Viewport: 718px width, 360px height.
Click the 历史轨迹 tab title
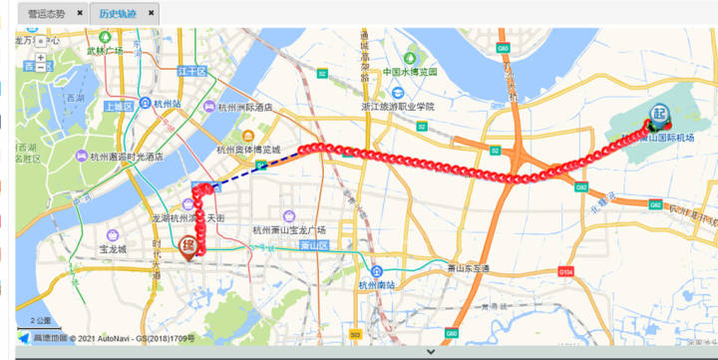coord(118,14)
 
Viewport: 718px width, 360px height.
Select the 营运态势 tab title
coord(47,14)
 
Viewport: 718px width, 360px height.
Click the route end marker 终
coord(187,243)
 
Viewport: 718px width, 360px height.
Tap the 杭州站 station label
coord(166,103)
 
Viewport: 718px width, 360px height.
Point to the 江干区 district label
coord(190,72)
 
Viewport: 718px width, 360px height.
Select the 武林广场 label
coord(104,50)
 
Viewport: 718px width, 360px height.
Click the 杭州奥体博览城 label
coord(256,150)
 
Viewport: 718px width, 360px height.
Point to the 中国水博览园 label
coord(412,72)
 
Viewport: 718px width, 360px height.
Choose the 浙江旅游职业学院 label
coord(398,107)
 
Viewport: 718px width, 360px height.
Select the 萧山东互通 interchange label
coord(468,268)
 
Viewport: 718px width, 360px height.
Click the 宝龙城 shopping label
coord(113,249)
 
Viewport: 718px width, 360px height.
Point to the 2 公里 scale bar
coord(40,322)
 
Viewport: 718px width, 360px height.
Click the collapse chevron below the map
coord(430,351)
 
